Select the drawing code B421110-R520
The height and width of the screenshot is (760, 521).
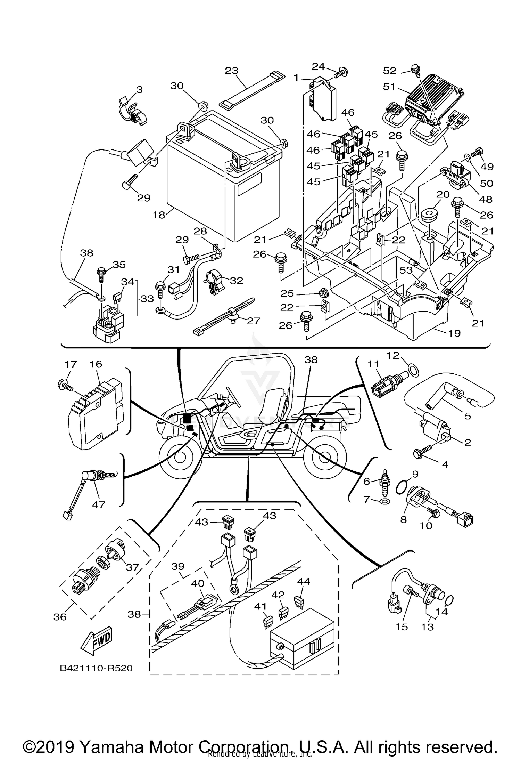pyautogui.click(x=96, y=668)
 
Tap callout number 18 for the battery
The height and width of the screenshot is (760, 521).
pyautogui.click(x=159, y=215)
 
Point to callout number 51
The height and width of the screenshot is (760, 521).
pyautogui.click(x=389, y=86)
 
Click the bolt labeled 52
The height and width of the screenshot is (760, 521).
pyautogui.click(x=415, y=68)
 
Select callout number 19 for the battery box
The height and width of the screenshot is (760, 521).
pyautogui.click(x=454, y=333)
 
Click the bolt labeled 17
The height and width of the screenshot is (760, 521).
pyautogui.click(x=65, y=385)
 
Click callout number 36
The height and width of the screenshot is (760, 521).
pyautogui.click(x=60, y=617)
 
